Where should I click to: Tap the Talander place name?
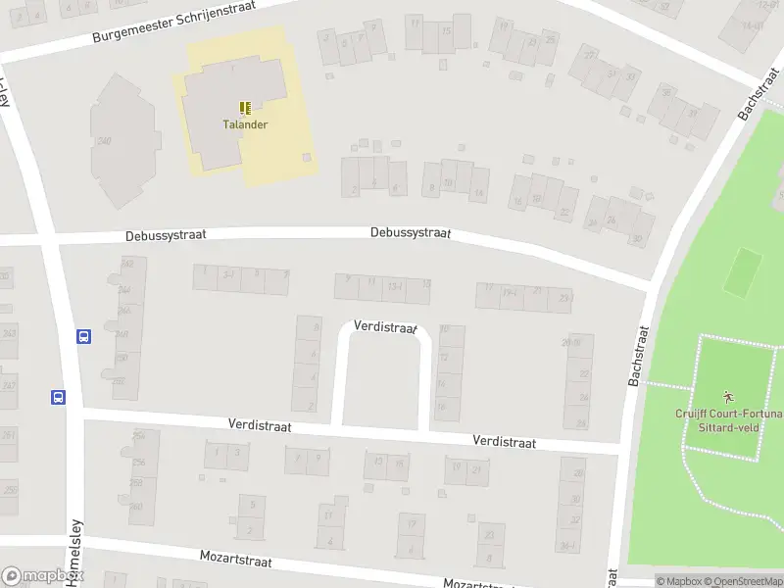pos(244,124)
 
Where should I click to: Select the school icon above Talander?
pos(244,108)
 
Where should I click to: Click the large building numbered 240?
pos(122,142)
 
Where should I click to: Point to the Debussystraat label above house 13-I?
pos(410,233)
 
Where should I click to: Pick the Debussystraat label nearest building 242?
pos(165,236)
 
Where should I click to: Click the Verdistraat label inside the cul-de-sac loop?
pos(385,326)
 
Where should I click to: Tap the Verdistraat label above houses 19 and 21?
pos(504,442)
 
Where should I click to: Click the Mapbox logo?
pos(41,576)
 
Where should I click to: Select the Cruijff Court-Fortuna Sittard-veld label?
pos(728,420)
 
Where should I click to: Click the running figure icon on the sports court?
pos(727,396)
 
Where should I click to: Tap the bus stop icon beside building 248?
pos(84,336)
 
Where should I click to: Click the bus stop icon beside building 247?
pos(59,397)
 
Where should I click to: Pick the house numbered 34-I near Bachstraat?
pos(568,546)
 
